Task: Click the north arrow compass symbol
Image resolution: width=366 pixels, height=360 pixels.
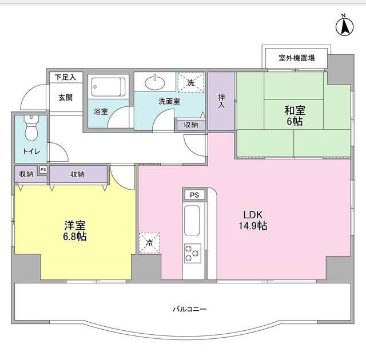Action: (344, 26)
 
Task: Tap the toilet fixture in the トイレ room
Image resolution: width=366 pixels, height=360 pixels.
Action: (31, 128)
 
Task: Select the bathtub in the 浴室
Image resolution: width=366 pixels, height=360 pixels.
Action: (108, 87)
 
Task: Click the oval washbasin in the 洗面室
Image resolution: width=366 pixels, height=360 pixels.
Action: (155, 83)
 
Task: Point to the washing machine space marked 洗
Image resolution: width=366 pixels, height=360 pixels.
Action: (191, 82)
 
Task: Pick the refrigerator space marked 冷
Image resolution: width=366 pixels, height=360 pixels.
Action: (149, 243)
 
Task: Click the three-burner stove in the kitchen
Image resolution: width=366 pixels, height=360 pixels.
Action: (192, 253)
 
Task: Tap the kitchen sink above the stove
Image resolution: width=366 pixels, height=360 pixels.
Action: (192, 221)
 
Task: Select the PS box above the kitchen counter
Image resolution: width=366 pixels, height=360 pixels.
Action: (194, 195)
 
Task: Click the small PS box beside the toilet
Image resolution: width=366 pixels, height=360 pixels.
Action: (43, 170)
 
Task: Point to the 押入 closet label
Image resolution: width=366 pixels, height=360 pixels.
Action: (221, 101)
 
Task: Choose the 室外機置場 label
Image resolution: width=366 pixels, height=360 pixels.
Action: (296, 58)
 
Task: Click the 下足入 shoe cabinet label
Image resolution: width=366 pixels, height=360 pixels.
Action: (65, 77)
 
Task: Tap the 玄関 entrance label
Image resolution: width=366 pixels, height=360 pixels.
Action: (66, 98)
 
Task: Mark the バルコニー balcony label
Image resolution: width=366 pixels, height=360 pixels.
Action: (189, 309)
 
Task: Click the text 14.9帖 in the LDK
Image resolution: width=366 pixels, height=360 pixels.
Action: (253, 226)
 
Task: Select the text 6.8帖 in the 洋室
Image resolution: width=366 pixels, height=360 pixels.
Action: (75, 237)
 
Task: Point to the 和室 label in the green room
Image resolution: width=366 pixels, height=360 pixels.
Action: (295, 110)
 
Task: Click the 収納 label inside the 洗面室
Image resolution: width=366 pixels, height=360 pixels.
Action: (191, 125)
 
